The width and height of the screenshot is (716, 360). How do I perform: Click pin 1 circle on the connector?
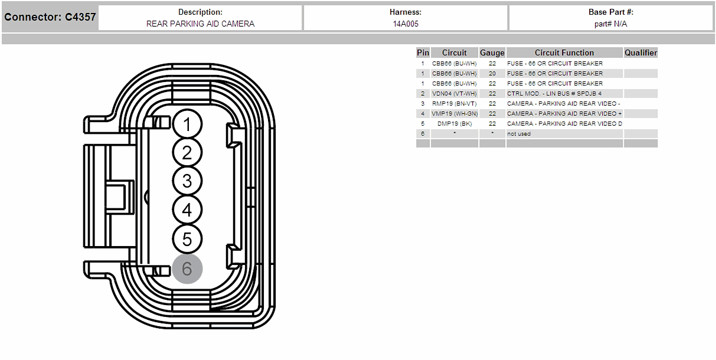187,124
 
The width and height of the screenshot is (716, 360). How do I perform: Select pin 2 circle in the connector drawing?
187,152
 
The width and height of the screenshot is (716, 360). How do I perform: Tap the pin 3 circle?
187,181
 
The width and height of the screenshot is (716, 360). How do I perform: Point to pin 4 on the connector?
187,210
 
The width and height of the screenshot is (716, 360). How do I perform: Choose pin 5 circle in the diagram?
187,239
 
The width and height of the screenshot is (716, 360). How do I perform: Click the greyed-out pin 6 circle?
187,269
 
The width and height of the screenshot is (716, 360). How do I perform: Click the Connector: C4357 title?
50,17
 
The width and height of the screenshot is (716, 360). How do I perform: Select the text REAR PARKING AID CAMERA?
200,24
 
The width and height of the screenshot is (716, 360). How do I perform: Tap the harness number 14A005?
406,24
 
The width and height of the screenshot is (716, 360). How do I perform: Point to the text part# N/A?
610,24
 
